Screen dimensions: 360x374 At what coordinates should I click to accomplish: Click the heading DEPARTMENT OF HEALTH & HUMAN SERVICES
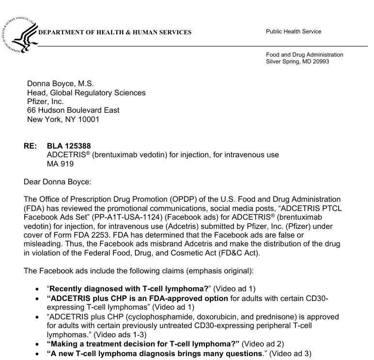(x=115, y=33)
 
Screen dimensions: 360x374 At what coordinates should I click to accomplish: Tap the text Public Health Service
(x=294, y=32)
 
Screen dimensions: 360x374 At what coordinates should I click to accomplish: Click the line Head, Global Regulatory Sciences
(x=86, y=92)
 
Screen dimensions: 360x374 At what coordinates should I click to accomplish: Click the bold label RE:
(x=30, y=146)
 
